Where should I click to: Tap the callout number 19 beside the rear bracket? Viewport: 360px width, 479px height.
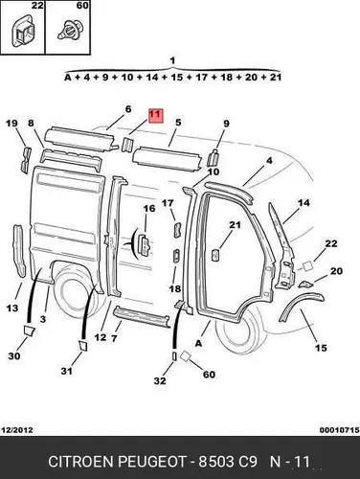click(x=12, y=124)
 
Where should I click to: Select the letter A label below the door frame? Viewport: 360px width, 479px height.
click(x=198, y=344)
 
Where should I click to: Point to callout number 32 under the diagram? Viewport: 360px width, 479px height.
click(x=160, y=380)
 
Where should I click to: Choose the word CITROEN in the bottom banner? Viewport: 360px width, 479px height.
click(x=81, y=462)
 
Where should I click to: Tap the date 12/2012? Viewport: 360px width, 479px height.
click(x=17, y=430)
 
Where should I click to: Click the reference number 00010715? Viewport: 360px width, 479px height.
click(x=340, y=430)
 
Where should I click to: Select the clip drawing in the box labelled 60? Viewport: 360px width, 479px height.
click(x=68, y=31)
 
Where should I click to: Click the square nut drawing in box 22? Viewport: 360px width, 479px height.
click(x=22, y=33)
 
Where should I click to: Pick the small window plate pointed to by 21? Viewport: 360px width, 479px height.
click(x=215, y=255)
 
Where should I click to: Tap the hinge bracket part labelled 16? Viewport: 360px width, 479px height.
click(x=146, y=244)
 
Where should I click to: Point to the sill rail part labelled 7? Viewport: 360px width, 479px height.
click(x=142, y=316)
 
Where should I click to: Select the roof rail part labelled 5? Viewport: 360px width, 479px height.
click(x=167, y=159)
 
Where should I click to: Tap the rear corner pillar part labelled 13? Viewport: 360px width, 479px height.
click(x=19, y=251)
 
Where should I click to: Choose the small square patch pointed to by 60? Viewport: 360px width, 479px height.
click(x=185, y=356)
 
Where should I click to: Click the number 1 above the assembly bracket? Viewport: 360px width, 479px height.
click(x=172, y=60)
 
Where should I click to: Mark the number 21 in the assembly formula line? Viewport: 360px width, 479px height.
click(x=275, y=77)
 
